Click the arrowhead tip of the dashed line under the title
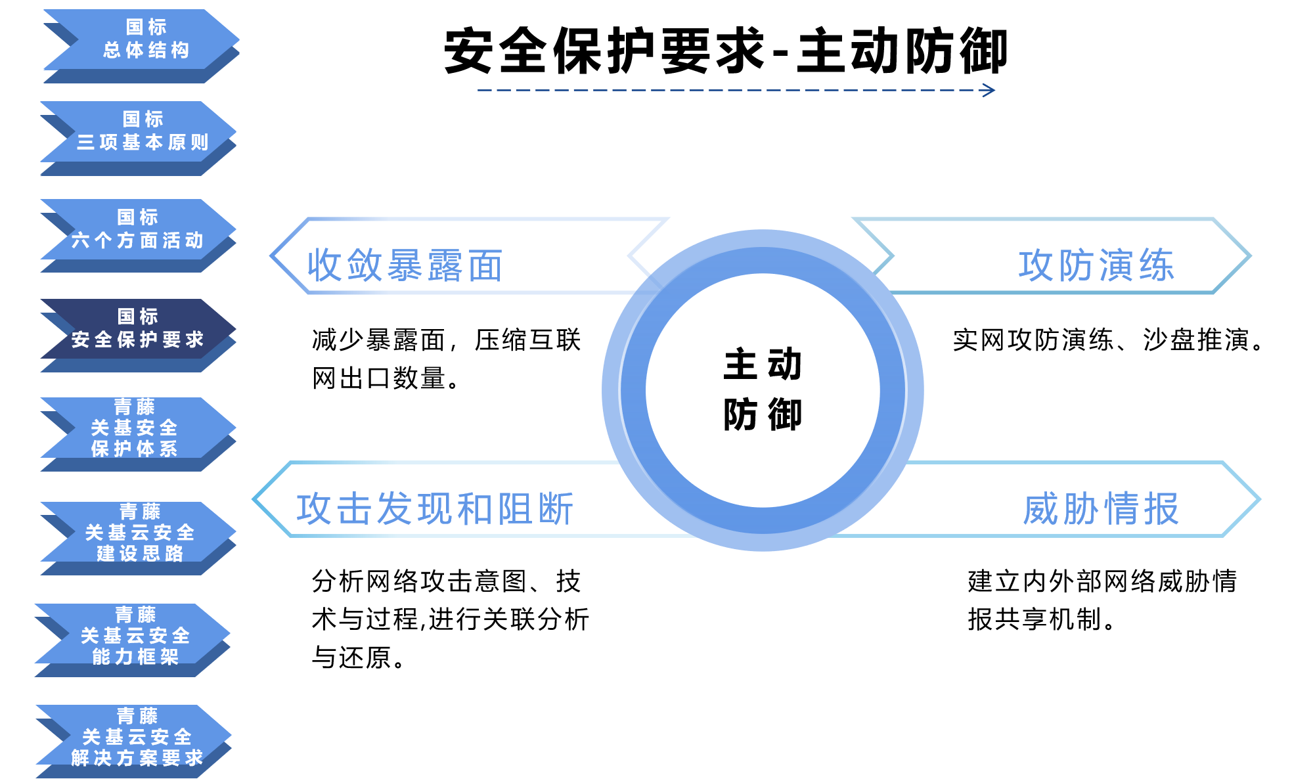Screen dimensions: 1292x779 tap(994, 90)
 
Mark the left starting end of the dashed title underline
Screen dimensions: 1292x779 tap(478, 90)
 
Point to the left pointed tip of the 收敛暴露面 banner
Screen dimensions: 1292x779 tap(271, 256)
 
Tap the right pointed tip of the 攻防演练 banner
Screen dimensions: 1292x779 tap(1250, 256)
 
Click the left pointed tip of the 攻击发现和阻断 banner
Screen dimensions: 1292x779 tap(254, 500)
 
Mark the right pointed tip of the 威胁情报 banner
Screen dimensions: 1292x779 tap(1259, 500)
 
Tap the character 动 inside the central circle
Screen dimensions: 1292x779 tap(785, 363)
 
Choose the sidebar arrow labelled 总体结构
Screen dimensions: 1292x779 tap(141, 46)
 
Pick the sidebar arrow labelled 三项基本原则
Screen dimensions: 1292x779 tap(138, 138)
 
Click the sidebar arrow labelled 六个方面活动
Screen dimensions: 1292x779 tap(138, 235)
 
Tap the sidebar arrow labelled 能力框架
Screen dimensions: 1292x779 tap(133, 640)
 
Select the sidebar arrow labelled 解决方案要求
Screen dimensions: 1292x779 tap(134, 742)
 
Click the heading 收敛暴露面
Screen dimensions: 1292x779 tap(405, 265)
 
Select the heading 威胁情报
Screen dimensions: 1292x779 tap(1101, 509)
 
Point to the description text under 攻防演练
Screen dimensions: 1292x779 tap(1109, 340)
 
